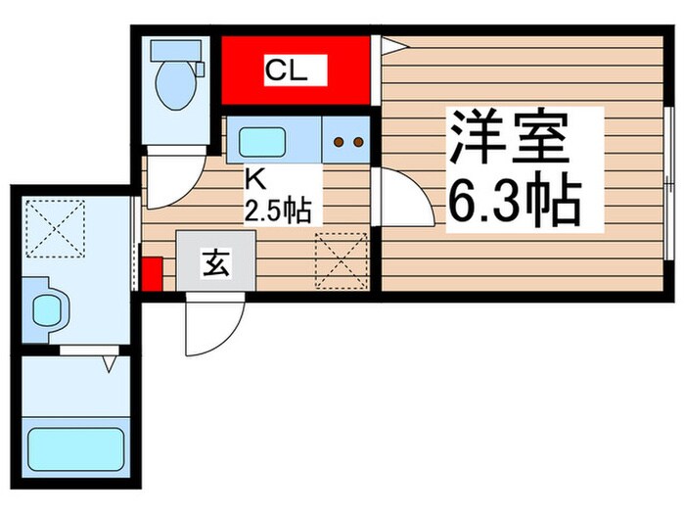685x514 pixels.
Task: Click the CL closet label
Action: click(x=287, y=70)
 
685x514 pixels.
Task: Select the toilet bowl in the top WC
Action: click(x=176, y=83)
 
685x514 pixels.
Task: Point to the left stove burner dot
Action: click(x=339, y=142)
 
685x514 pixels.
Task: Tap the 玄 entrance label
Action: click(x=215, y=262)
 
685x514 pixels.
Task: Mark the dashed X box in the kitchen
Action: click(x=340, y=258)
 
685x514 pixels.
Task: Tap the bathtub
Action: click(x=75, y=448)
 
